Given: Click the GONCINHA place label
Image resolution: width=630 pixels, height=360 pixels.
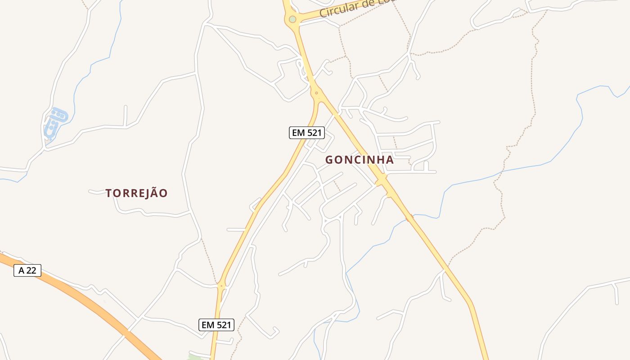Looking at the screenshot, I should [360, 160].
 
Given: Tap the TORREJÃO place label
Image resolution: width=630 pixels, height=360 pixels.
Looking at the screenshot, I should [136, 193].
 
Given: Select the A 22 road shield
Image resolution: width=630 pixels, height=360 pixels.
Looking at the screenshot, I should [27, 270].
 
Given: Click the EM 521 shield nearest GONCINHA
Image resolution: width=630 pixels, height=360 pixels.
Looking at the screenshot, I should [306, 133].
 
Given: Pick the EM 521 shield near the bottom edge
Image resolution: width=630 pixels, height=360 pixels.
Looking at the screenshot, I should [216, 325].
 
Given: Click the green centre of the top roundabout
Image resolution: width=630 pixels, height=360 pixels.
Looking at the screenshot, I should [292, 19].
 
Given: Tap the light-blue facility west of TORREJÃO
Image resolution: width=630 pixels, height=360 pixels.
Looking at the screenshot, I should [55, 122].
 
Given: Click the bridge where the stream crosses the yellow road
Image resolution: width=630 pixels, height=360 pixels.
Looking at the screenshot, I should [409, 218].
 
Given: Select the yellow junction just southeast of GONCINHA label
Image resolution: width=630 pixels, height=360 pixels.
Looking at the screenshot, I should [382, 179].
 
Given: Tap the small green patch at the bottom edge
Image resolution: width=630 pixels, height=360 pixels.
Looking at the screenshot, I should [194, 357].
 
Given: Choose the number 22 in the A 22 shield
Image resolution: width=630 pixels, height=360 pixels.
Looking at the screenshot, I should [31, 270].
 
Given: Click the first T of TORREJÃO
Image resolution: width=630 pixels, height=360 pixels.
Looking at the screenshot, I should [108, 193].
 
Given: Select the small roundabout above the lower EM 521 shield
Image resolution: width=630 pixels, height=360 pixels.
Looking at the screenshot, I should [221, 286].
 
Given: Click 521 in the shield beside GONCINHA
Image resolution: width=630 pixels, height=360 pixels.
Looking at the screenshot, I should [314, 133].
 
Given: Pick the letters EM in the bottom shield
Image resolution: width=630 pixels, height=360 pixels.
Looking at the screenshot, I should [207, 325].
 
